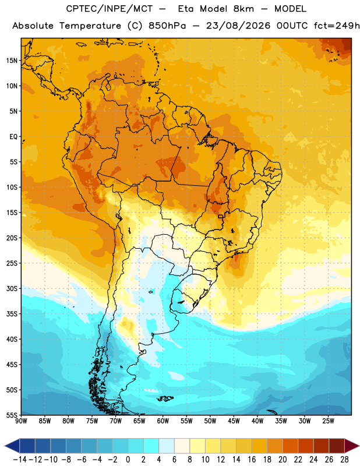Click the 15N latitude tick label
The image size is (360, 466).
(x=12, y=61)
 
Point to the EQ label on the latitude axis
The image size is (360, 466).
(x=13, y=137)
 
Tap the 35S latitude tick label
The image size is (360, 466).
(x=12, y=314)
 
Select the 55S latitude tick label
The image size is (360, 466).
(x=12, y=415)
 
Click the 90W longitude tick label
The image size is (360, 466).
(x=22, y=421)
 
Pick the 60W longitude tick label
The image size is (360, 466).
(x=163, y=421)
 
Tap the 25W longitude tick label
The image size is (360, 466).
(x=328, y=421)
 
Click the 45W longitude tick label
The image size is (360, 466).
(x=234, y=421)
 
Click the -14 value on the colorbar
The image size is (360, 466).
(x=20, y=460)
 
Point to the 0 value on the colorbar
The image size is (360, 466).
(x=128, y=460)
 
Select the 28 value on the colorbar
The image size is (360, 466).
(x=344, y=460)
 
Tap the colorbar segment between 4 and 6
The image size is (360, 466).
(x=167, y=446)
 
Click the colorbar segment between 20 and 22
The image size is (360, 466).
(x=291, y=446)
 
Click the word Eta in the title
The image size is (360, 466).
(x=186, y=9)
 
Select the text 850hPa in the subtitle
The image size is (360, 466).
(x=167, y=26)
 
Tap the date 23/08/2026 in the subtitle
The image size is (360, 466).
(x=238, y=26)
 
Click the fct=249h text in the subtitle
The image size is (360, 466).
(x=337, y=26)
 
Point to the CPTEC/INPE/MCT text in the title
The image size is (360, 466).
(x=110, y=9)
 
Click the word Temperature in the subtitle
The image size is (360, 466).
(x=90, y=26)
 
